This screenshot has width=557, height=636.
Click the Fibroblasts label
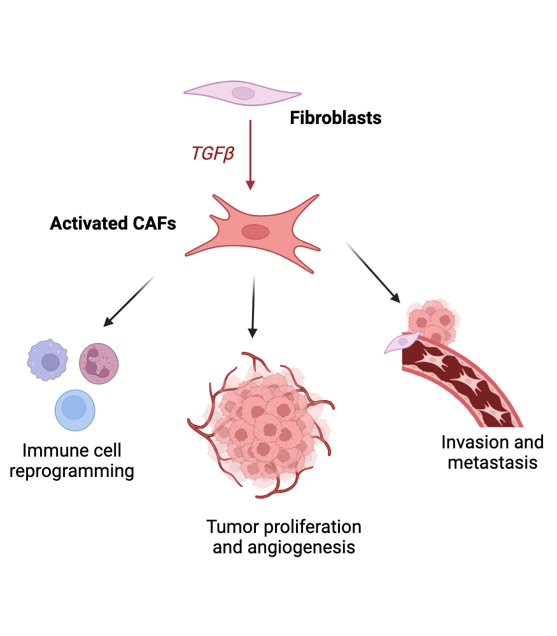335,118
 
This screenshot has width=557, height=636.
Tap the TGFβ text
213,153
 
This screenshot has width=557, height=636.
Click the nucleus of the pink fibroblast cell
243,93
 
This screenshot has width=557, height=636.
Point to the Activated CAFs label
113,224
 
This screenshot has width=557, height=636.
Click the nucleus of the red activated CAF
255,232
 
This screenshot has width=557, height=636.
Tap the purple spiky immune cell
48,361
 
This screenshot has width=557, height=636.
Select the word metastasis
492,462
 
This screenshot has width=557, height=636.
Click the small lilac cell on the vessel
401,342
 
